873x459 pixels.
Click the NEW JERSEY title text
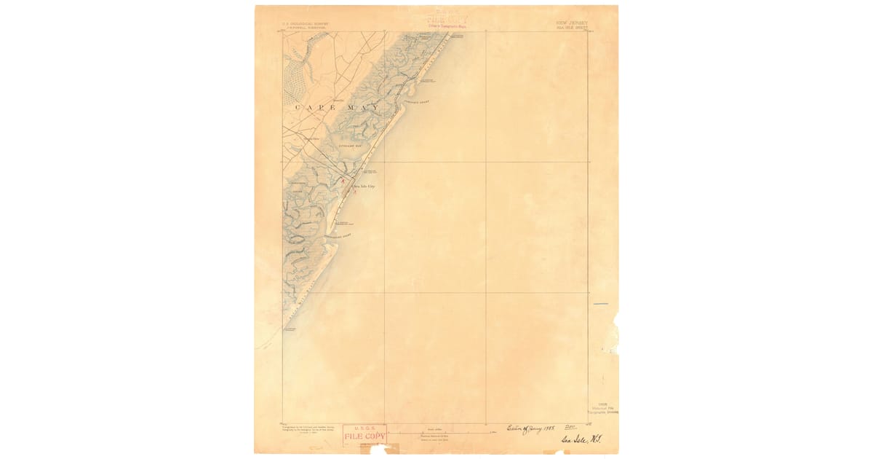(x=572, y=23)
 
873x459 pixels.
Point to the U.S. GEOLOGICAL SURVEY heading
(x=306, y=23)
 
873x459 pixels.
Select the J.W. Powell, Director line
(x=306, y=28)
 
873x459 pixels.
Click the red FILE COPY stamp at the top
(x=447, y=19)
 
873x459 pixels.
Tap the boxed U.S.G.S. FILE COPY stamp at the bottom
(x=364, y=435)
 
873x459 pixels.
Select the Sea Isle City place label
(x=363, y=187)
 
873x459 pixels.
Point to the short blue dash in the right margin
(x=600, y=304)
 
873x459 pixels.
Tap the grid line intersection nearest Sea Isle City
(x=384, y=162)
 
